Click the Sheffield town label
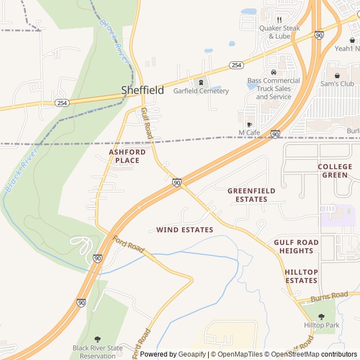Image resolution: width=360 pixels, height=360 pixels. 143,90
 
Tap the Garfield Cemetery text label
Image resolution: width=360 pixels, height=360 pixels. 201,91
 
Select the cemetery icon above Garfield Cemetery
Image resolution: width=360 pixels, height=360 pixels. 200,82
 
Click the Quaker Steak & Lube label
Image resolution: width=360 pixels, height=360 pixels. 280,32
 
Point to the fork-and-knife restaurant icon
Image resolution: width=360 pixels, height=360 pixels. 279,20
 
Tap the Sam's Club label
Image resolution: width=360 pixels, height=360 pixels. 337,84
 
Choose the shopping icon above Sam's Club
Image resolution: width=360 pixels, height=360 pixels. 337,75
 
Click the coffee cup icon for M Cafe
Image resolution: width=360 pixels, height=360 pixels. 249,124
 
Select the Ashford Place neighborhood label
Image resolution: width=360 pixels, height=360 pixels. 127,156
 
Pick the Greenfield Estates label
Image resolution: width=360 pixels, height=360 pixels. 251,195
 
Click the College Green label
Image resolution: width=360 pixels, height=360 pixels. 335,170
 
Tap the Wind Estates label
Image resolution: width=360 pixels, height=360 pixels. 184,230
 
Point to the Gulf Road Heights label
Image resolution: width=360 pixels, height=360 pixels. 296,246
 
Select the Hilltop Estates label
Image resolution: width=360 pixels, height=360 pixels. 301,276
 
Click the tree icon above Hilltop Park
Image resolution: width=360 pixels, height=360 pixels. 321,317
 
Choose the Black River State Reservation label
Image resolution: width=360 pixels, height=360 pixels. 97,352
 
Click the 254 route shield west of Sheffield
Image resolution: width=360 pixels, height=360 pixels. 61,102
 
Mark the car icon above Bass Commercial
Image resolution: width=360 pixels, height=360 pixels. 273,72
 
